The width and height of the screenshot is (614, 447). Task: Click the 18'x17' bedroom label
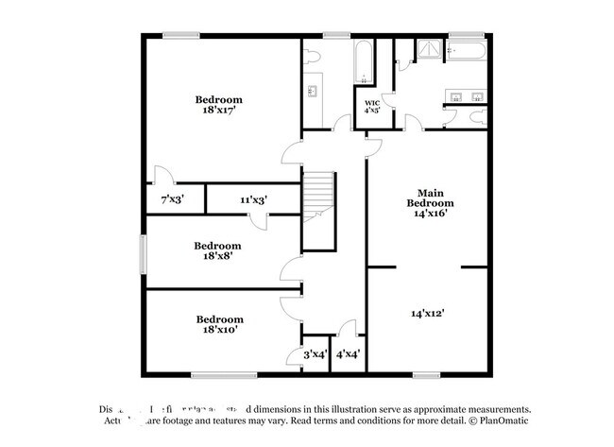click(219, 105)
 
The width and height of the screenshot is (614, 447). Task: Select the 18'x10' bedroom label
click(219, 324)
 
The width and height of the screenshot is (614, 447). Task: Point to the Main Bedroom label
click(430, 202)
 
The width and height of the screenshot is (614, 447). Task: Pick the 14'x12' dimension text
click(427, 313)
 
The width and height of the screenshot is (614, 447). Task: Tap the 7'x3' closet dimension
click(172, 199)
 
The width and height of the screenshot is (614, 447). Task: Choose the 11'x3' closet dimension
click(252, 199)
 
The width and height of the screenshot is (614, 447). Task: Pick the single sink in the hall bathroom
click(312, 92)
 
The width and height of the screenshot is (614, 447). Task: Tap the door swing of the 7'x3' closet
click(163, 176)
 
